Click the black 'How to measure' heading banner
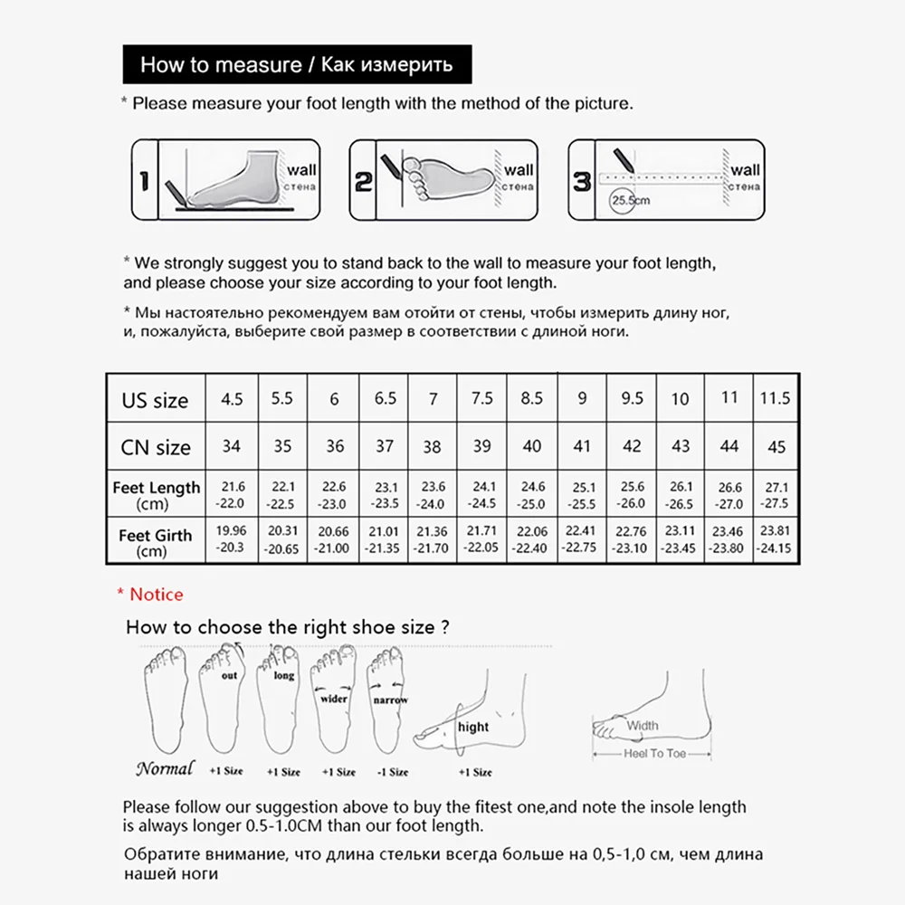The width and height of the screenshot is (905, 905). (297, 65)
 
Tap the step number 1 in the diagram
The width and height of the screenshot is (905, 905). (145, 181)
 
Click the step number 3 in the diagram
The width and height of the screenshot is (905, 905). (582, 181)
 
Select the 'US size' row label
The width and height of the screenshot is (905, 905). (156, 400)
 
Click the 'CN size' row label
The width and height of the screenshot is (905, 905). (156, 447)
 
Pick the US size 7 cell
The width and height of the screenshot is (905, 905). (433, 399)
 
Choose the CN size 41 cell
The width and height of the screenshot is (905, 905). (582, 446)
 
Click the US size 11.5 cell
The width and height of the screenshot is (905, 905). (774, 397)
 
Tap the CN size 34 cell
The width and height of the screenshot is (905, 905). (233, 446)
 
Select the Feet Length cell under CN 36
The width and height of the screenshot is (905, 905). (334, 495)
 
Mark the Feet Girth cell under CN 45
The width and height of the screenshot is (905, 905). (774, 540)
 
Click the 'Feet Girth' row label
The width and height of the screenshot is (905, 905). (156, 542)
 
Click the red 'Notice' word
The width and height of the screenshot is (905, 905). (156, 595)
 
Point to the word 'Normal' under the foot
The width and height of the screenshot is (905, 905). (165, 769)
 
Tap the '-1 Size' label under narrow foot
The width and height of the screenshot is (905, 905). (391, 772)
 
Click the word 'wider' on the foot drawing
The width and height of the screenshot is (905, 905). (334, 699)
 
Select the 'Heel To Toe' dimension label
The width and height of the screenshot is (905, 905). (654, 753)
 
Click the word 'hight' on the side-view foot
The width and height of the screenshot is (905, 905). (472, 727)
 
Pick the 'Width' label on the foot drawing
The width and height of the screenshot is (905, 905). (643, 725)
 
